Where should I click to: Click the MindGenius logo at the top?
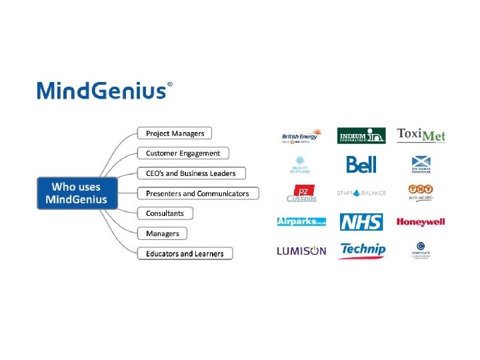click(x=104, y=90)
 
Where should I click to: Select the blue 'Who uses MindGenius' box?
click(x=76, y=193)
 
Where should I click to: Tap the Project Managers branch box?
click(x=175, y=133)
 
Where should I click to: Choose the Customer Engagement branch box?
click(x=183, y=153)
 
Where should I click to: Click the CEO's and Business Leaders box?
click(x=191, y=173)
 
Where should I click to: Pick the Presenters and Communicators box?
click(x=197, y=193)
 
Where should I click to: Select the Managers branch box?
click(x=163, y=233)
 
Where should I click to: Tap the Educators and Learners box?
click(x=185, y=253)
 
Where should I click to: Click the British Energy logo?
click(x=301, y=136)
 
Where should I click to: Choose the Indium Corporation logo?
click(x=361, y=135)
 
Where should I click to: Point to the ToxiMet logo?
click(x=421, y=135)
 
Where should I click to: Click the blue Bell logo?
click(x=361, y=164)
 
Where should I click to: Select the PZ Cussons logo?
click(x=301, y=193)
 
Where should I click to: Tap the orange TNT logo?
click(x=421, y=193)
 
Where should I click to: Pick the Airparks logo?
click(x=301, y=221)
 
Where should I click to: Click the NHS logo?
click(x=361, y=222)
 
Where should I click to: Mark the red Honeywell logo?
click(x=421, y=222)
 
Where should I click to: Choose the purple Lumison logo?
click(x=301, y=251)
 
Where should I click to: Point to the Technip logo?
click(x=362, y=251)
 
